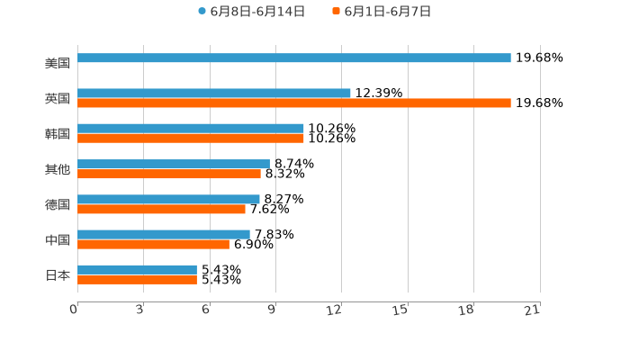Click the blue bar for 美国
[x=294, y=58]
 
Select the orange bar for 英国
[x=294, y=103]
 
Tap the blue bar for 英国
[x=214, y=94]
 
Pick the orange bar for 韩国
[x=191, y=139]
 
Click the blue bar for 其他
[x=174, y=164]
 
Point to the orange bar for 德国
[x=161, y=210]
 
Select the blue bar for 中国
[x=164, y=235]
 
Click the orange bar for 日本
[x=137, y=280]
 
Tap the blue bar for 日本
[x=137, y=270]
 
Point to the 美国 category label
[x=58, y=64]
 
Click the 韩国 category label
[x=58, y=134]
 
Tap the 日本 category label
[x=58, y=275]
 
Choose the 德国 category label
[x=58, y=205]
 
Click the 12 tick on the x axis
[x=335, y=310]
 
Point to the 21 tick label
[x=533, y=310]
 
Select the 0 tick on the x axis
[x=74, y=310]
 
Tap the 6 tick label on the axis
[x=206, y=310]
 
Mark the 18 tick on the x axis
[x=466, y=310]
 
